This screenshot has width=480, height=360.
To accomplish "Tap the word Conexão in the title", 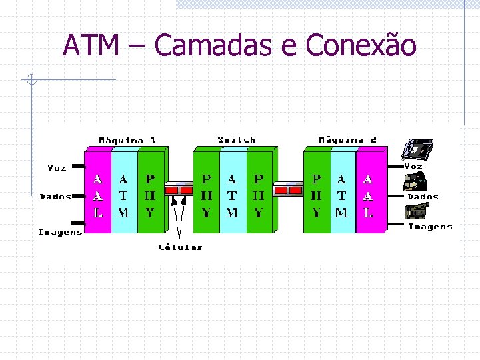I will point(361,45).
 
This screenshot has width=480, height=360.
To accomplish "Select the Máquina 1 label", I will point(127,140).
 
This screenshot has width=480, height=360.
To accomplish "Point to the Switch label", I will point(237,139).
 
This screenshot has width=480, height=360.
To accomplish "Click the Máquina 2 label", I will point(347,139).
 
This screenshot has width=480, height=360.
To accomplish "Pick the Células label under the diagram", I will point(180,247).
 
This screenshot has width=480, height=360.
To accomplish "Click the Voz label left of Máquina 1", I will point(57,168).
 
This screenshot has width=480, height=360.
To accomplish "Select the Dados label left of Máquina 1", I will point(55,197).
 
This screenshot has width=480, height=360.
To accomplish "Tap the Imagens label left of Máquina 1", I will point(60,232).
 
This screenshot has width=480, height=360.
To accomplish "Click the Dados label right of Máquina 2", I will point(423,197).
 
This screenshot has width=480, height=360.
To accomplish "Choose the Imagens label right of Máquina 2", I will point(430,227).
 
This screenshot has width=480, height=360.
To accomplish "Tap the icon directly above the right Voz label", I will point(418,151).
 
